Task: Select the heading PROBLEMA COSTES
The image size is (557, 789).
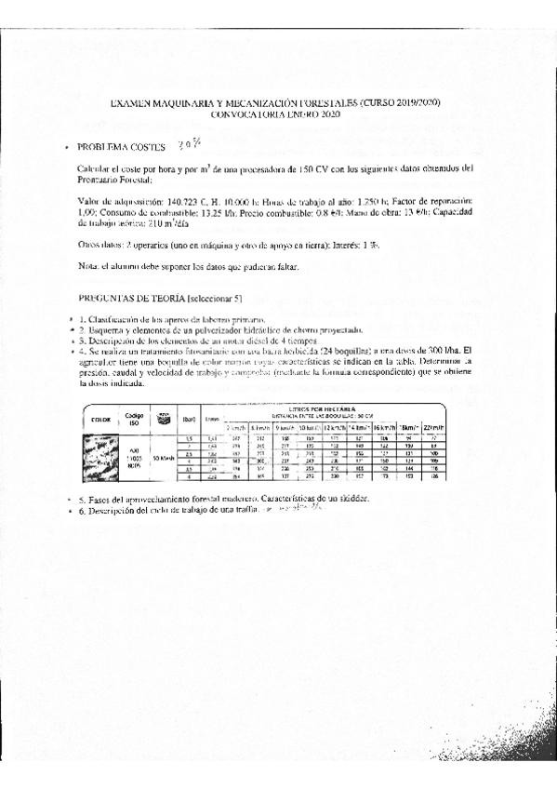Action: click(x=122, y=147)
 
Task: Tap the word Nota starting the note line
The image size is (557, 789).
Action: click(x=87, y=268)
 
